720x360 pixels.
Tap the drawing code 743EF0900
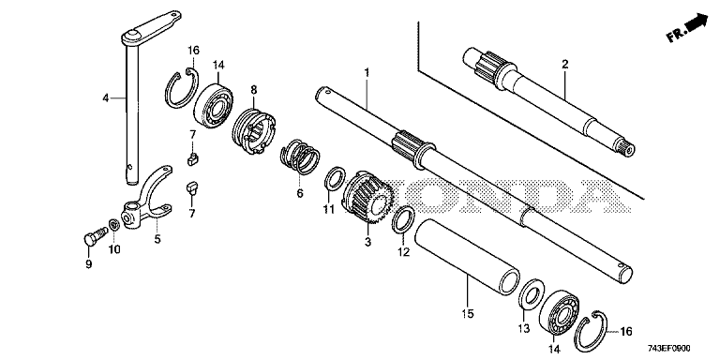click(x=669, y=349)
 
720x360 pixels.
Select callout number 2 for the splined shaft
click(x=564, y=64)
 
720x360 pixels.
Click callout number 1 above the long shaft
click(x=367, y=72)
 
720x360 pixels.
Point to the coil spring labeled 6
click(x=300, y=157)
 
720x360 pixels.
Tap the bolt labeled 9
click(x=93, y=236)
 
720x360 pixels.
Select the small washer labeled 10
click(x=113, y=225)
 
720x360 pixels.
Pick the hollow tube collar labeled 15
click(x=467, y=256)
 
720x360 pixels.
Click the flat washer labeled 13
click(x=531, y=293)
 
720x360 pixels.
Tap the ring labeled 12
click(x=403, y=220)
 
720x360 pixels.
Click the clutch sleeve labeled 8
click(x=254, y=132)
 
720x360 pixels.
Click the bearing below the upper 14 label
click(x=213, y=105)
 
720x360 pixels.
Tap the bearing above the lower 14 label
click(x=559, y=313)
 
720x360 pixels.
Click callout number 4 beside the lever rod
click(x=106, y=97)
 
